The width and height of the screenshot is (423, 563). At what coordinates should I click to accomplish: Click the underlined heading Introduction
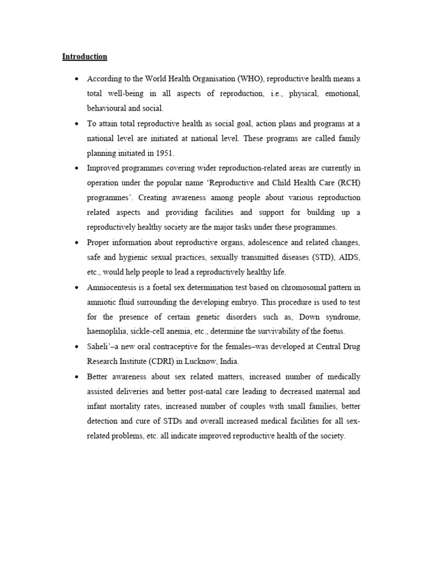click(84, 57)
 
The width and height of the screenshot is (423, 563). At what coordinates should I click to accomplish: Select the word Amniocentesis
click(112, 288)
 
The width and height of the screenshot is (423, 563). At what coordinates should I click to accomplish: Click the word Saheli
click(99, 347)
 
